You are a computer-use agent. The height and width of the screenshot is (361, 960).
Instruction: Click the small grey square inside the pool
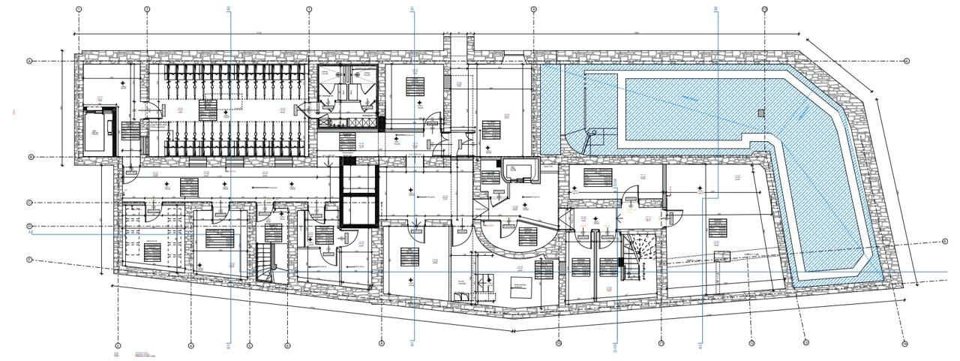point(760,113)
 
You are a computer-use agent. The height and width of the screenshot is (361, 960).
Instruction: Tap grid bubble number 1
point(79,10)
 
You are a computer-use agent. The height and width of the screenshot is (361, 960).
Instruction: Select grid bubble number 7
point(309,10)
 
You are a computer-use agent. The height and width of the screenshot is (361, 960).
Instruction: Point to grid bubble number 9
point(534,10)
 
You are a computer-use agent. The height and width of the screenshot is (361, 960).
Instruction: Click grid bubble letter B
point(31,157)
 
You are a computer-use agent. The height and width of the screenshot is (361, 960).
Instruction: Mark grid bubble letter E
point(946,242)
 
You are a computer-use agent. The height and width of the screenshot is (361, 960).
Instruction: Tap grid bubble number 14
point(905,344)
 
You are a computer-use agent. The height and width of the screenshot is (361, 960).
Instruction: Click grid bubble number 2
point(118,345)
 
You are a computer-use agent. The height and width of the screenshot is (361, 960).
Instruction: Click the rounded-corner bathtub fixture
point(517,170)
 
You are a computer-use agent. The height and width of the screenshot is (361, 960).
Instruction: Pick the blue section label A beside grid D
point(31,233)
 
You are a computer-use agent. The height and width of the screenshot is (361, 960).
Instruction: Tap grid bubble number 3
point(147,10)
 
